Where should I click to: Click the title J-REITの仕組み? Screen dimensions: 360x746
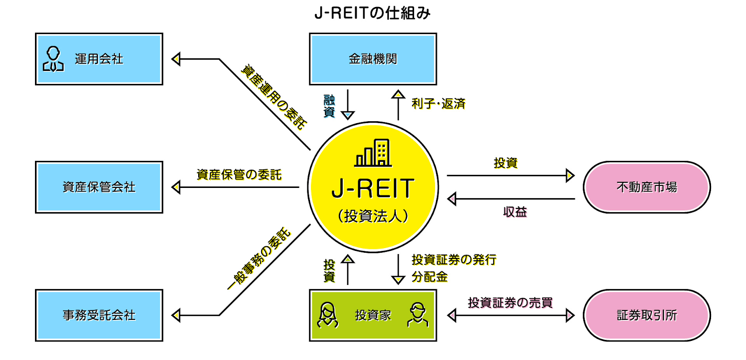tap(373, 13)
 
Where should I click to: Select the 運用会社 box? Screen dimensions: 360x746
tap(99, 59)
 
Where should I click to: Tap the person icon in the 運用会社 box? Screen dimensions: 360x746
tap(53, 59)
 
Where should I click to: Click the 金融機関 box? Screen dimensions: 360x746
tap(373, 59)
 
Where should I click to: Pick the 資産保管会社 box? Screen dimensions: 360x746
tap(99, 187)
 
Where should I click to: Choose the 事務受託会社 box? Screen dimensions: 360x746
tap(99, 315)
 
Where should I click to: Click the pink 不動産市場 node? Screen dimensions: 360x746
tap(647, 187)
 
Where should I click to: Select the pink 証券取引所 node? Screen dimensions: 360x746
tap(647, 315)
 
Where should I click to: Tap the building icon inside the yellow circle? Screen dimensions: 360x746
tap(373, 152)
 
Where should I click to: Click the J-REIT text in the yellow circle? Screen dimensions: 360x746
tap(373, 188)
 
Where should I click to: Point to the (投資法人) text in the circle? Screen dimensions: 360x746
tap(373, 216)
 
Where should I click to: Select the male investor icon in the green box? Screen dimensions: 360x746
tap(417, 315)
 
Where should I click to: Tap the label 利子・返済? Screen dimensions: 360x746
tap(438, 104)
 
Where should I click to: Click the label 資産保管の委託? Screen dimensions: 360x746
tap(239, 175)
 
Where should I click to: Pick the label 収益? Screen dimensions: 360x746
tap(515, 212)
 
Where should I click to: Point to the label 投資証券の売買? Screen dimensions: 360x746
tap(510, 303)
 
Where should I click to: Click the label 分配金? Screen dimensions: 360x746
tap(429, 277)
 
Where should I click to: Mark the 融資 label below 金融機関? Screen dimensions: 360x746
tap(329, 106)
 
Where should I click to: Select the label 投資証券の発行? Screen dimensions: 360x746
tap(454, 260)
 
